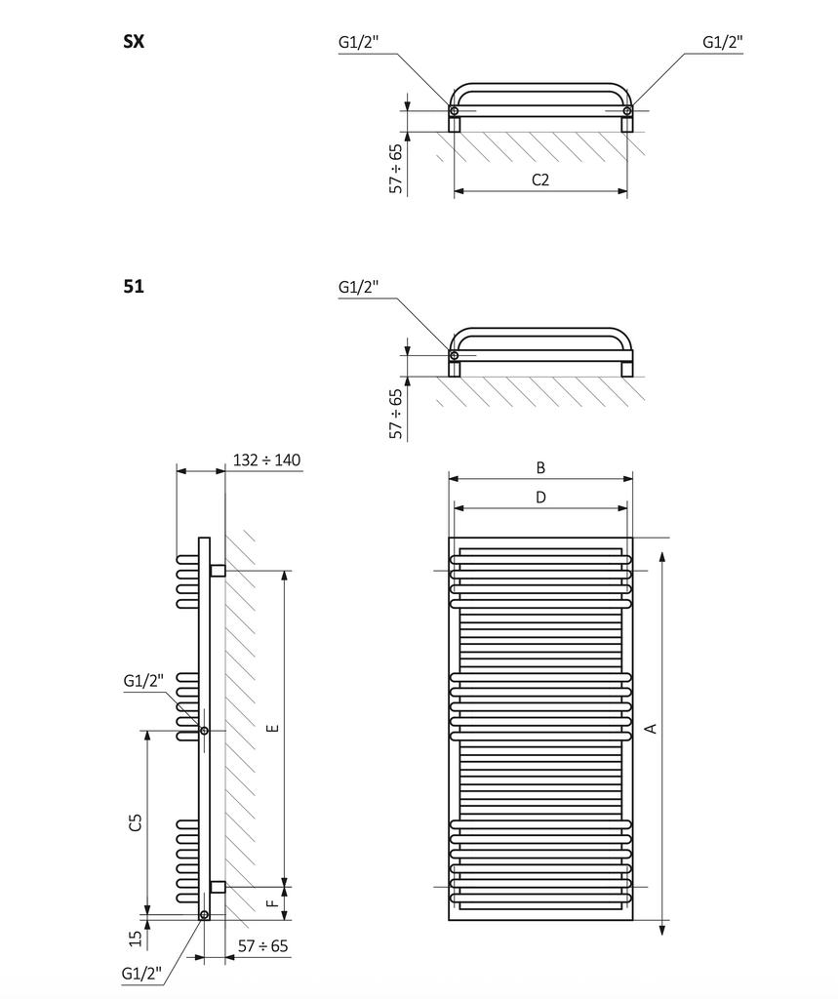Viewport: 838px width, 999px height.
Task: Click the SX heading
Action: pos(134,41)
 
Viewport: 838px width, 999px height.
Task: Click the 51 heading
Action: pos(134,286)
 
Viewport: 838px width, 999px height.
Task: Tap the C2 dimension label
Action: pos(540,180)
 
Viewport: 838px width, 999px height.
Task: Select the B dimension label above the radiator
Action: pos(540,467)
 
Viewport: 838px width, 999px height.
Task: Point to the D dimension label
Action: pos(540,497)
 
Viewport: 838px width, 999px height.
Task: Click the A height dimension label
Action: pos(651,728)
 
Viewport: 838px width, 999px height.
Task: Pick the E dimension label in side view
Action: pos(272,728)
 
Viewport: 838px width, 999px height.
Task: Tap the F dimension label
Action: pos(272,902)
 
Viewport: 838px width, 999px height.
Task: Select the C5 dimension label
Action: pos(135,821)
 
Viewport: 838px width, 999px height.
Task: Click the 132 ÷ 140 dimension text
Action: pos(267,460)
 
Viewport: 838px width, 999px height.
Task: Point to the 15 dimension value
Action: pos(135,939)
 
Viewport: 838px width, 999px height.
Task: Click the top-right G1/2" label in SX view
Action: pos(723,42)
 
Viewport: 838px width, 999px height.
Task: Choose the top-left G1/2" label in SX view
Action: pos(358,42)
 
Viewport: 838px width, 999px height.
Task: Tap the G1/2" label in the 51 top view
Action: pos(358,288)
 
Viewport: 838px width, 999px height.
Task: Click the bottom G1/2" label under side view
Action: pos(141,975)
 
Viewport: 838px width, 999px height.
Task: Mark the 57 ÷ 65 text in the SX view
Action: pos(396,169)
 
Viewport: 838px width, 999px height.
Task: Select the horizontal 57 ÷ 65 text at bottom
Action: pos(263,946)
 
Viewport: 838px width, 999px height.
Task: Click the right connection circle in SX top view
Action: pos(627,111)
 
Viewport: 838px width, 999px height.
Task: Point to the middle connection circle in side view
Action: pos(204,731)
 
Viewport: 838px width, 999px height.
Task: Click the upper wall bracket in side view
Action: pos(218,570)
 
